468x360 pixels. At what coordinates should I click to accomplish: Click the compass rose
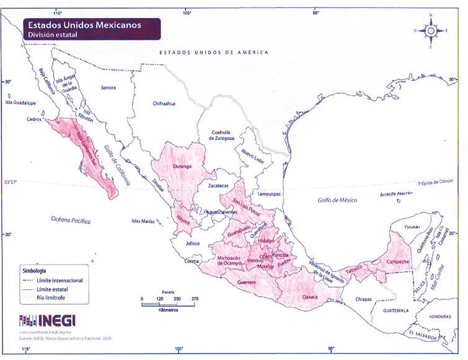[431, 30]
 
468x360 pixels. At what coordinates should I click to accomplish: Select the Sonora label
[108, 88]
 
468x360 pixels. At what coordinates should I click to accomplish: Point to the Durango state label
[182, 166]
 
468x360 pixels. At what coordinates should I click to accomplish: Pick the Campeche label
[397, 261]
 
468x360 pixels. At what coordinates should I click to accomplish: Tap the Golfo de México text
[338, 200]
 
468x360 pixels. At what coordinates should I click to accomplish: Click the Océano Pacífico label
[71, 220]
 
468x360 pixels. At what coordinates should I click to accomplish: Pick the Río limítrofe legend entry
[54, 297]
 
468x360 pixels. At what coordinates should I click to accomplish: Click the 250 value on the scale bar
[177, 299]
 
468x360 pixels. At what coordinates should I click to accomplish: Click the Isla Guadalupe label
[20, 103]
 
